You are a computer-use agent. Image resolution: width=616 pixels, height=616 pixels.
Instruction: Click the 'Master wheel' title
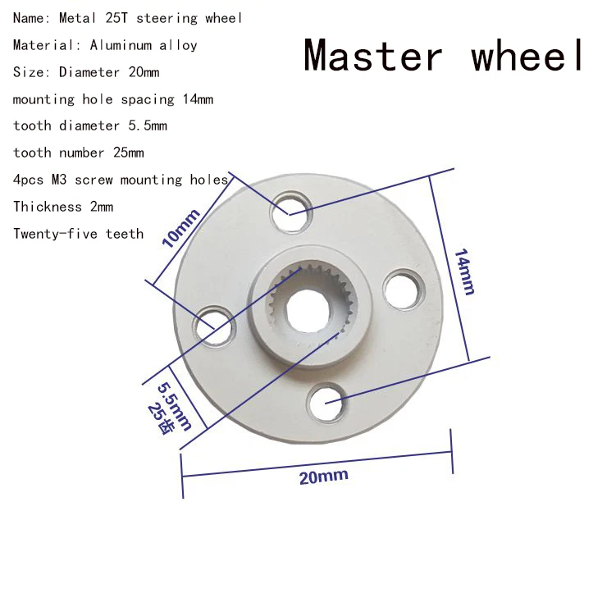(x=445, y=56)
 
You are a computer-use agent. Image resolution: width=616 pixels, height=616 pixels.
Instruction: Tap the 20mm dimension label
(x=323, y=477)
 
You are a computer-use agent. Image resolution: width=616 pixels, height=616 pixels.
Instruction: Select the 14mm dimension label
(x=463, y=271)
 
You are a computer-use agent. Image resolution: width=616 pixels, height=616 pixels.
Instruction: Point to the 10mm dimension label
(x=181, y=229)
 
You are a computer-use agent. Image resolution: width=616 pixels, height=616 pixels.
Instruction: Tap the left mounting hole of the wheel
(x=212, y=326)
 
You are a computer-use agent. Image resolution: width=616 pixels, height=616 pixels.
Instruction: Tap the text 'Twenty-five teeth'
(x=78, y=234)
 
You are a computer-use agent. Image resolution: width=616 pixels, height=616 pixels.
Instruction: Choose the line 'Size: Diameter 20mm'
(x=86, y=72)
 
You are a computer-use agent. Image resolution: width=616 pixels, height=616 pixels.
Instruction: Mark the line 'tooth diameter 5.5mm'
(x=89, y=125)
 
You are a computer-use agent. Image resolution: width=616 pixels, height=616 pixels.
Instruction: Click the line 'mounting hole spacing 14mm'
(x=113, y=99)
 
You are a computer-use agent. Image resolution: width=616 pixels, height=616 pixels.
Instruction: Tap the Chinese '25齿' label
(x=159, y=418)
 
